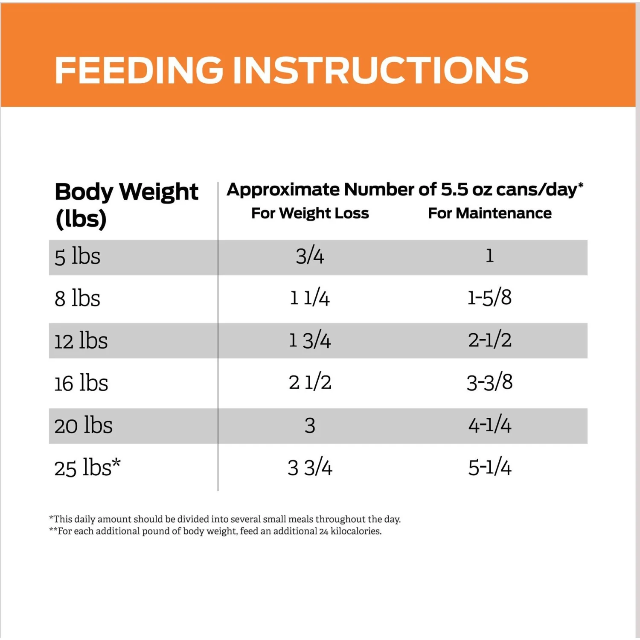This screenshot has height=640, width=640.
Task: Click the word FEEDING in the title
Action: coord(139,70)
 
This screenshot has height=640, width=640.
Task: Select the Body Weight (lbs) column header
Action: coord(126,205)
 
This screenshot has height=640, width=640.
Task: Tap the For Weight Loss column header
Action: coord(310,213)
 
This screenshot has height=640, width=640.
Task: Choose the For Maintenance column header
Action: coord(489,213)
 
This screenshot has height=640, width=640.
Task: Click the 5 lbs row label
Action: coord(77,257)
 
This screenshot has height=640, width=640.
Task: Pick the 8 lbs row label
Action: coord(77,298)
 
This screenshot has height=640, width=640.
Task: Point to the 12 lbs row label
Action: coord(81,341)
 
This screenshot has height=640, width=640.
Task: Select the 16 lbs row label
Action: coord(81,383)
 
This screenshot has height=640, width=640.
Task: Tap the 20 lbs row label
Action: coord(83,425)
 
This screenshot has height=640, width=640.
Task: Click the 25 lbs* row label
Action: coord(87,468)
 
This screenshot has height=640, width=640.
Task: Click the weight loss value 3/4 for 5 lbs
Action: coord(310,256)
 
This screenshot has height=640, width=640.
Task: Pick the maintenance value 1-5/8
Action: coord(489,297)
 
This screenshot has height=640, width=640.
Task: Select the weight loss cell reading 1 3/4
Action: coord(310,340)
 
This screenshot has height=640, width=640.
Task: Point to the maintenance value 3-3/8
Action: coord(489,382)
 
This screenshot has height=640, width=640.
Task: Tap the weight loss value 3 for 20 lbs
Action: coord(310,425)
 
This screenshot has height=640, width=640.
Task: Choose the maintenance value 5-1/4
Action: coord(489,467)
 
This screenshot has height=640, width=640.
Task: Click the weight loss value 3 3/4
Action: coord(310,467)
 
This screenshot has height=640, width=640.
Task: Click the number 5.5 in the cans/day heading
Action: coord(454,189)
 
